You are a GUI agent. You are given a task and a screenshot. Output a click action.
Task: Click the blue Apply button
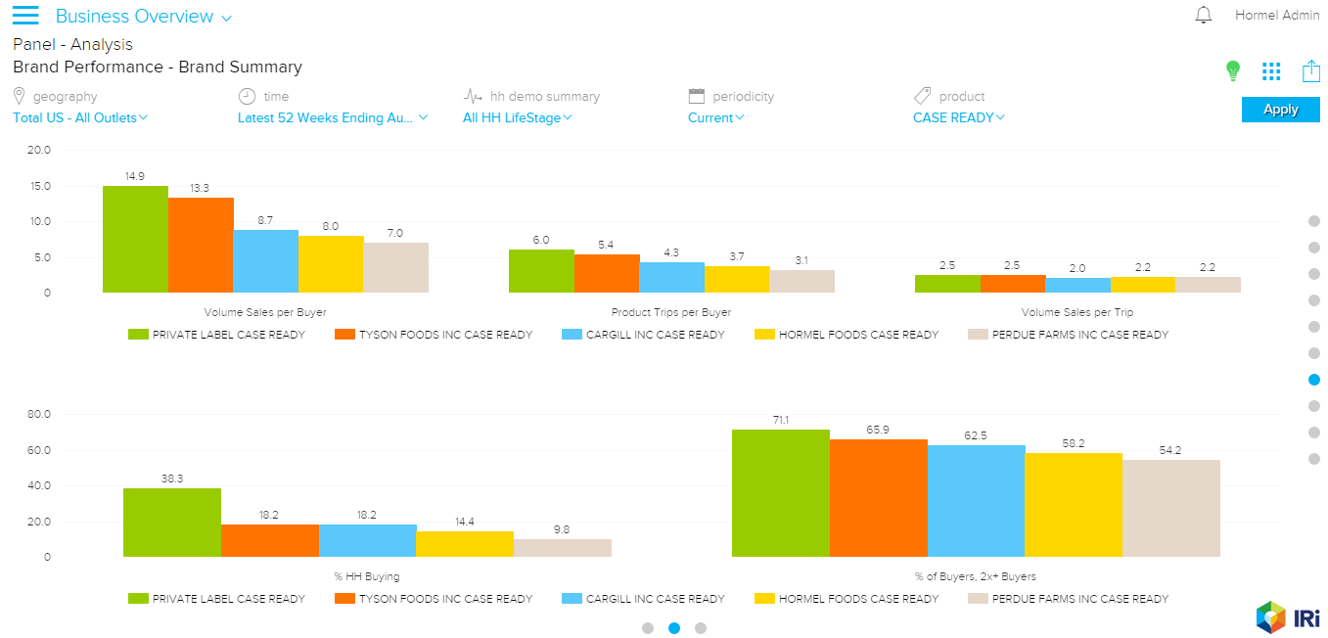tap(1280, 110)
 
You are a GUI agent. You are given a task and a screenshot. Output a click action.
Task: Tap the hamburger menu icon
tap(25, 16)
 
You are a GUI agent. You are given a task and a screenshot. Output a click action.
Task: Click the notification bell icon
tap(1204, 16)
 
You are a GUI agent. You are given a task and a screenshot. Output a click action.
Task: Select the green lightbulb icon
tap(1233, 70)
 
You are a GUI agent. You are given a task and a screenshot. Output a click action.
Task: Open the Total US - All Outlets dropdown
tap(80, 118)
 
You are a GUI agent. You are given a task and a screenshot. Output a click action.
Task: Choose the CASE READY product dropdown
tap(959, 118)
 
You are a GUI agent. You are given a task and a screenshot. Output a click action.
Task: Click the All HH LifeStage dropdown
tap(518, 118)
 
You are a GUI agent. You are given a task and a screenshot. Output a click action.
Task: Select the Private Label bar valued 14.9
tap(135, 240)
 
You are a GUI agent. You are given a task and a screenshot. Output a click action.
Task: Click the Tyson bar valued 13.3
tap(201, 246)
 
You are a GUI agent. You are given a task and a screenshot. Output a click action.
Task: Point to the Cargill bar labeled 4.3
tap(671, 278)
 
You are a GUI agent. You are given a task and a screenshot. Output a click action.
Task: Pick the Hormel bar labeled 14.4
tap(465, 544)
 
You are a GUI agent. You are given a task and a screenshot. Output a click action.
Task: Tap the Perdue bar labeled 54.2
tap(1171, 509)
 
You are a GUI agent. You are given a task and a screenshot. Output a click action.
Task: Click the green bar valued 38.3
tap(172, 523)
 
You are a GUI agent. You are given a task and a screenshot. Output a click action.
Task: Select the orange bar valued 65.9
tap(879, 498)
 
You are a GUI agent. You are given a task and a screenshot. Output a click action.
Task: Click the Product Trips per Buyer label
tap(671, 313)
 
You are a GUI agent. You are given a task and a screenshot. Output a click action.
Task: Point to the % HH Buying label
tap(368, 577)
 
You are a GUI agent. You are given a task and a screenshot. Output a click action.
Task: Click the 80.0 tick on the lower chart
tap(38, 415)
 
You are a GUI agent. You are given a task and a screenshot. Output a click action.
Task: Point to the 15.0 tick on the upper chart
tap(38, 186)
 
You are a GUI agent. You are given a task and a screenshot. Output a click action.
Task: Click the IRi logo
tap(1287, 616)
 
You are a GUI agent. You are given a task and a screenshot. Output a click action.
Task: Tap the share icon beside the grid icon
tap(1311, 71)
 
